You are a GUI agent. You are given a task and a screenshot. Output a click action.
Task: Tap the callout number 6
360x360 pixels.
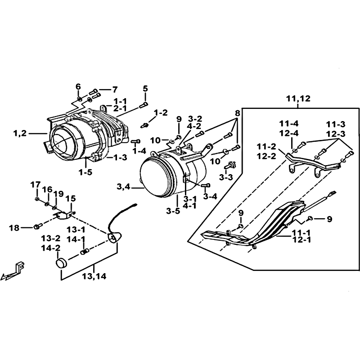[x=78, y=86]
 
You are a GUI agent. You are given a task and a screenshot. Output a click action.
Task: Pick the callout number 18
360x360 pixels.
[x=14, y=228]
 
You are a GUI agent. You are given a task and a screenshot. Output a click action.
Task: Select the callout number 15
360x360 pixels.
[x=71, y=198]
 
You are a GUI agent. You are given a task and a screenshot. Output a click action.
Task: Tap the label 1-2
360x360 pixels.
[x=161, y=112]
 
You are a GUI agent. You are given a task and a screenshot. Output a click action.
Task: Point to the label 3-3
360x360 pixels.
[x=226, y=178]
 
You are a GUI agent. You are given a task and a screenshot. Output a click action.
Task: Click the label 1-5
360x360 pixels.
[x=85, y=171]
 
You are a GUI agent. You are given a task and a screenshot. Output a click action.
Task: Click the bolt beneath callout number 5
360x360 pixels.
[x=144, y=104]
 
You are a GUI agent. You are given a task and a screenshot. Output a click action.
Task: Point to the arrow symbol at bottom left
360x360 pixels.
[x=13, y=271]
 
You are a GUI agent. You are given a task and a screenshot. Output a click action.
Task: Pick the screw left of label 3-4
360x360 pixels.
[x=205, y=185]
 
